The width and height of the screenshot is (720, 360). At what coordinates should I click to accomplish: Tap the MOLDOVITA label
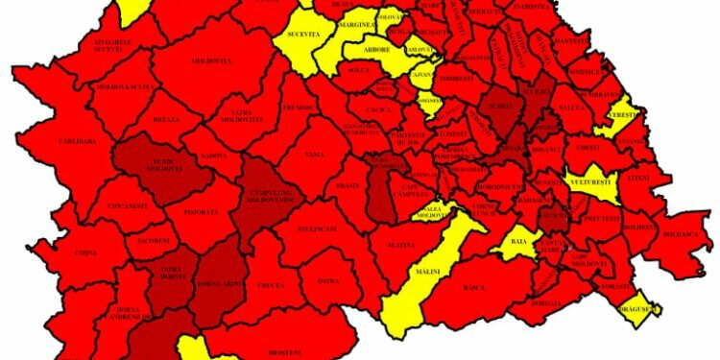point(213,61)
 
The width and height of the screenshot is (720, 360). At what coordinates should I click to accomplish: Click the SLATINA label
point(401,245)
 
